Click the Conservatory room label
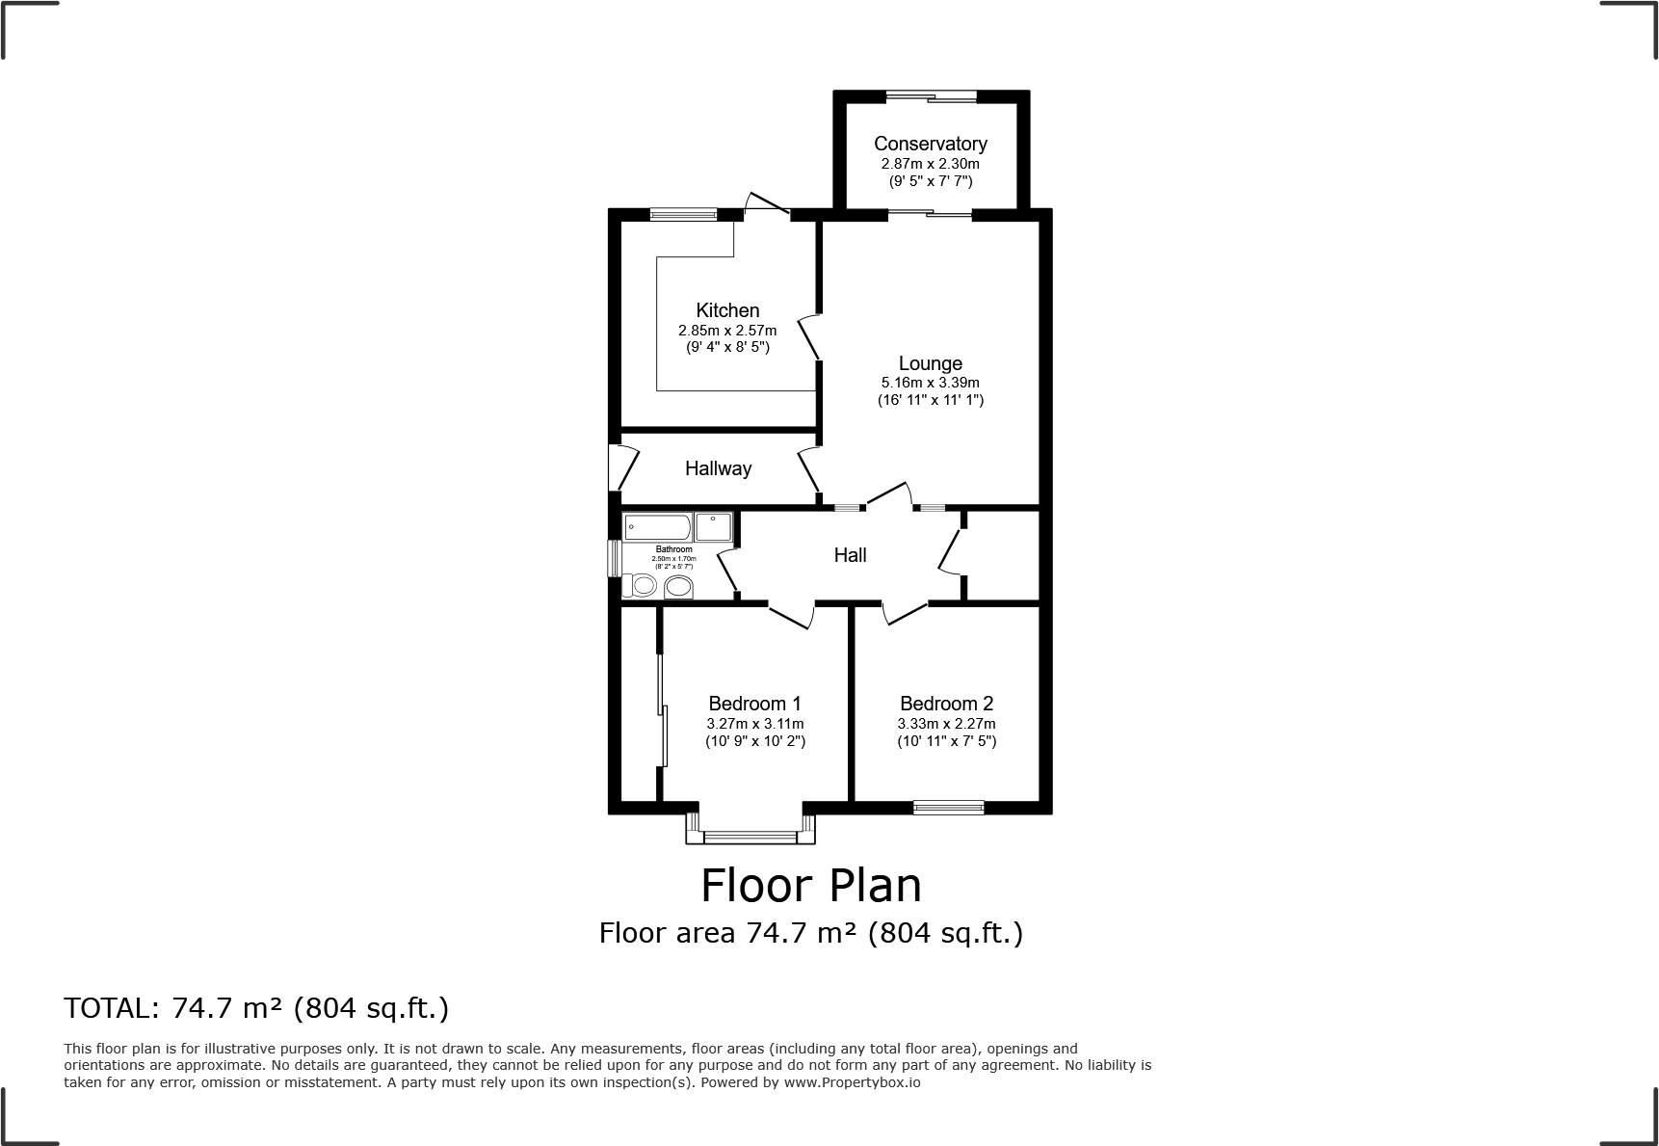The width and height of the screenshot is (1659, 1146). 930,144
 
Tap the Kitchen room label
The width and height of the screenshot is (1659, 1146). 727,310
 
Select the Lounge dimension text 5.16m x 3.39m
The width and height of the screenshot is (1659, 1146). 930,383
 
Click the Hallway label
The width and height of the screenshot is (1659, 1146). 718,468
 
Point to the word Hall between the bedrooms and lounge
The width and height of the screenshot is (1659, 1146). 850,555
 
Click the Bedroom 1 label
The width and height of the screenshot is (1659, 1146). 754,704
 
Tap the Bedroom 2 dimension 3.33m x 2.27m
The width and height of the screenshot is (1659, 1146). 946,724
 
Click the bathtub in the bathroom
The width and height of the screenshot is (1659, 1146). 657,527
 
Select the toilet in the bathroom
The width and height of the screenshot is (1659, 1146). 640,585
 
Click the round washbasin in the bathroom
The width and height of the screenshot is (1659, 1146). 678,587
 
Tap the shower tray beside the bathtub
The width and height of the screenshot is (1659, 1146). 713,527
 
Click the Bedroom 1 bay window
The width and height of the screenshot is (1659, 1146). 750,836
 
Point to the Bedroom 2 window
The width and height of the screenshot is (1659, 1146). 948,807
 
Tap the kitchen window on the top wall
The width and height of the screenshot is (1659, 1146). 683,214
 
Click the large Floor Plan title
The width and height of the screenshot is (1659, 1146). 810,886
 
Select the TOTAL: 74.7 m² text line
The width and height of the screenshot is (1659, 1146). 256,1008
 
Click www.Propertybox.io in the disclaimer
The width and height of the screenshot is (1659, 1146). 852,1082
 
